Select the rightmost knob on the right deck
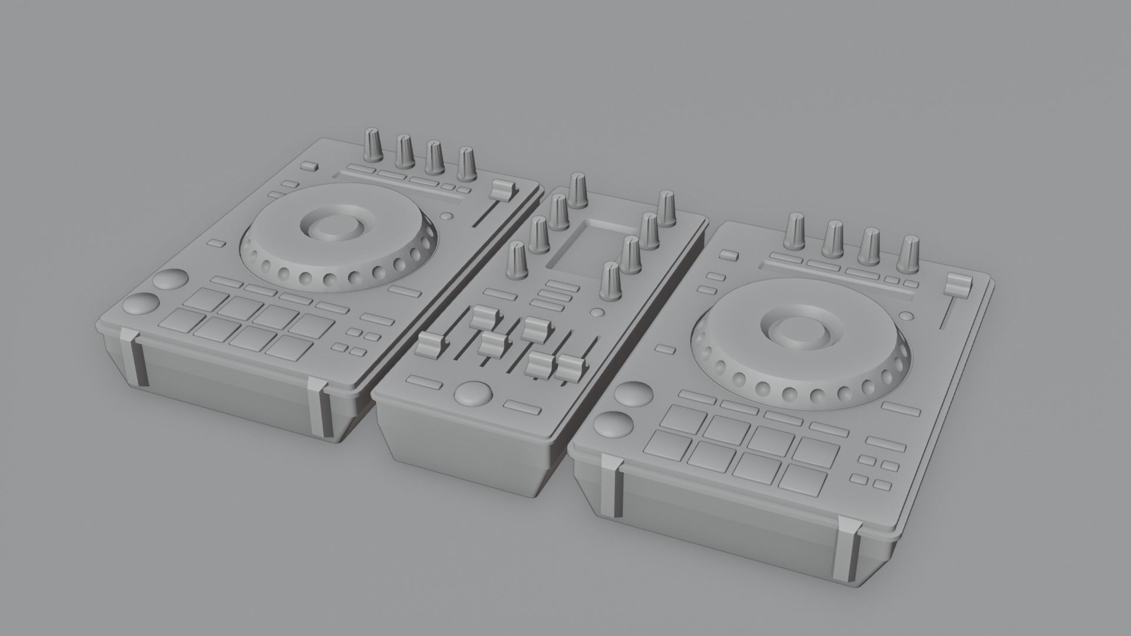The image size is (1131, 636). click(911, 254)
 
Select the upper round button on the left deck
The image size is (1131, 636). click(170, 280)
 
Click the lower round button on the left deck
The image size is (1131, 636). click(142, 304)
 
